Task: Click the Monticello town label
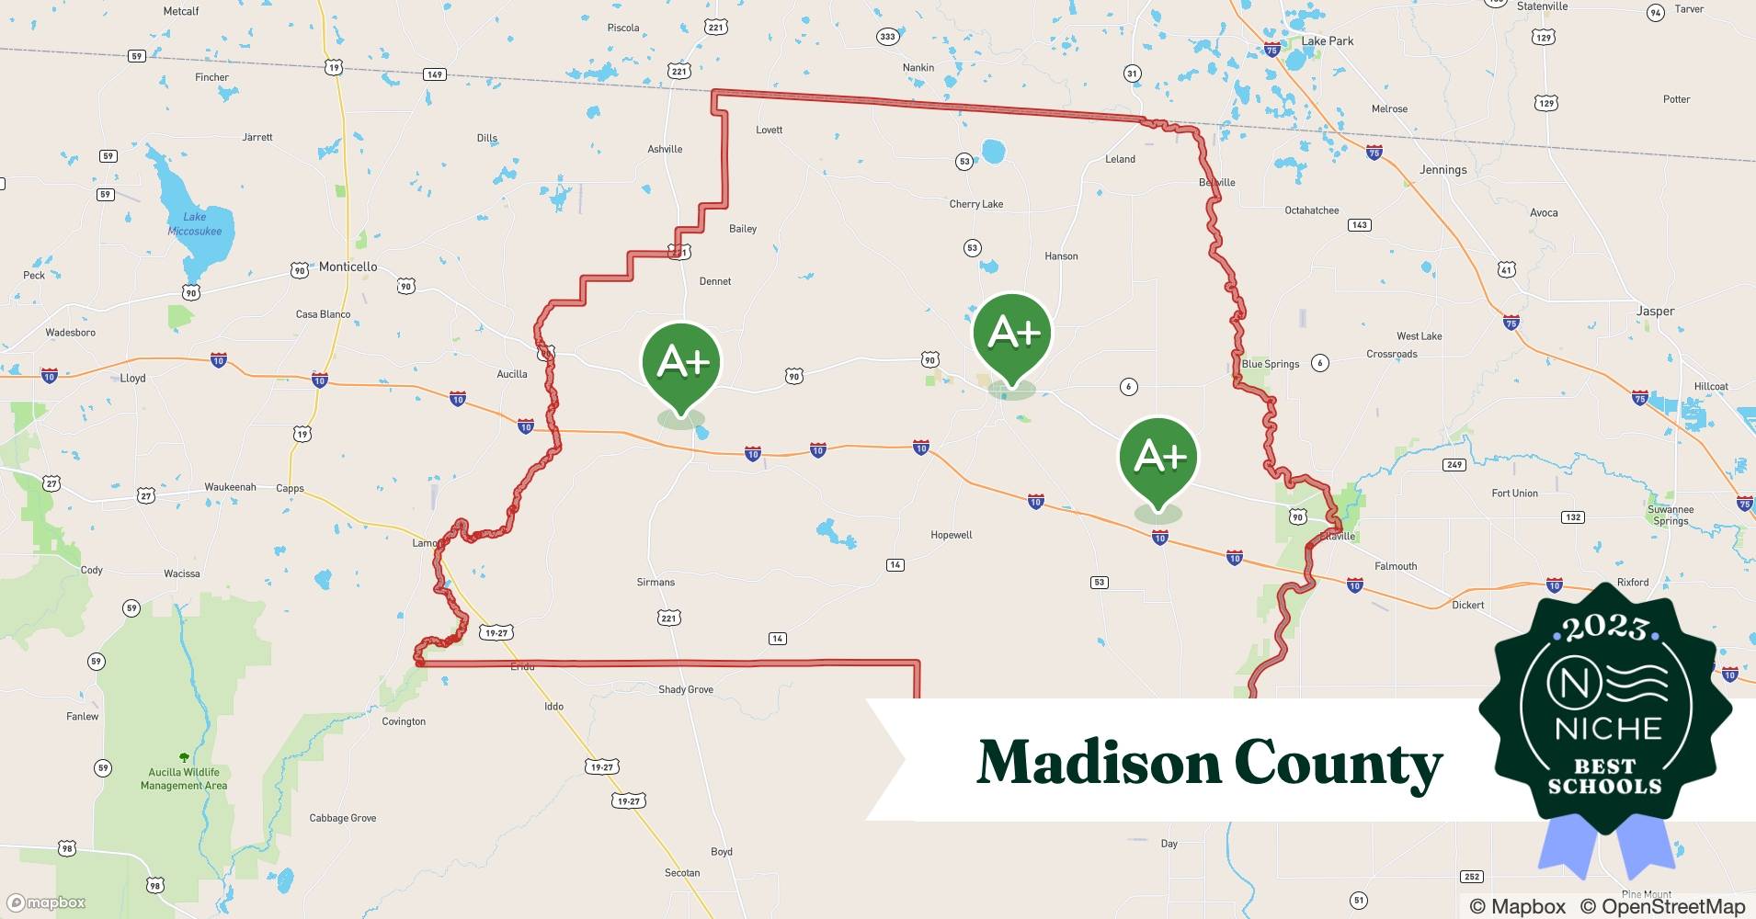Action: click(x=348, y=267)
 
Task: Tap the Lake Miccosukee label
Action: click(x=195, y=224)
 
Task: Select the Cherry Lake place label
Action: click(x=976, y=204)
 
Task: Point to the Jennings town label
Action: click(x=1442, y=170)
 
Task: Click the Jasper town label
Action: click(x=1655, y=312)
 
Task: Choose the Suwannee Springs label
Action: click(x=1670, y=516)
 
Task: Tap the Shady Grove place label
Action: click(x=686, y=689)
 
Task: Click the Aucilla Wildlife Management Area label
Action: click(x=184, y=778)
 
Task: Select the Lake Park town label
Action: click(x=1327, y=41)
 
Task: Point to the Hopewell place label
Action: click(x=951, y=535)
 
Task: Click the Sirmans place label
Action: click(x=656, y=582)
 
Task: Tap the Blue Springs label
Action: click(x=1271, y=364)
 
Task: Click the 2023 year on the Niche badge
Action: click(x=1605, y=627)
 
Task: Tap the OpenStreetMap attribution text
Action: click(x=1673, y=906)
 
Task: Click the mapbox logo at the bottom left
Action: click(x=47, y=902)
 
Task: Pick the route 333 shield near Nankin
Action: click(x=887, y=37)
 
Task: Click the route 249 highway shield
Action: click(x=1454, y=465)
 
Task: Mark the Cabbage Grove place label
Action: click(x=342, y=818)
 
